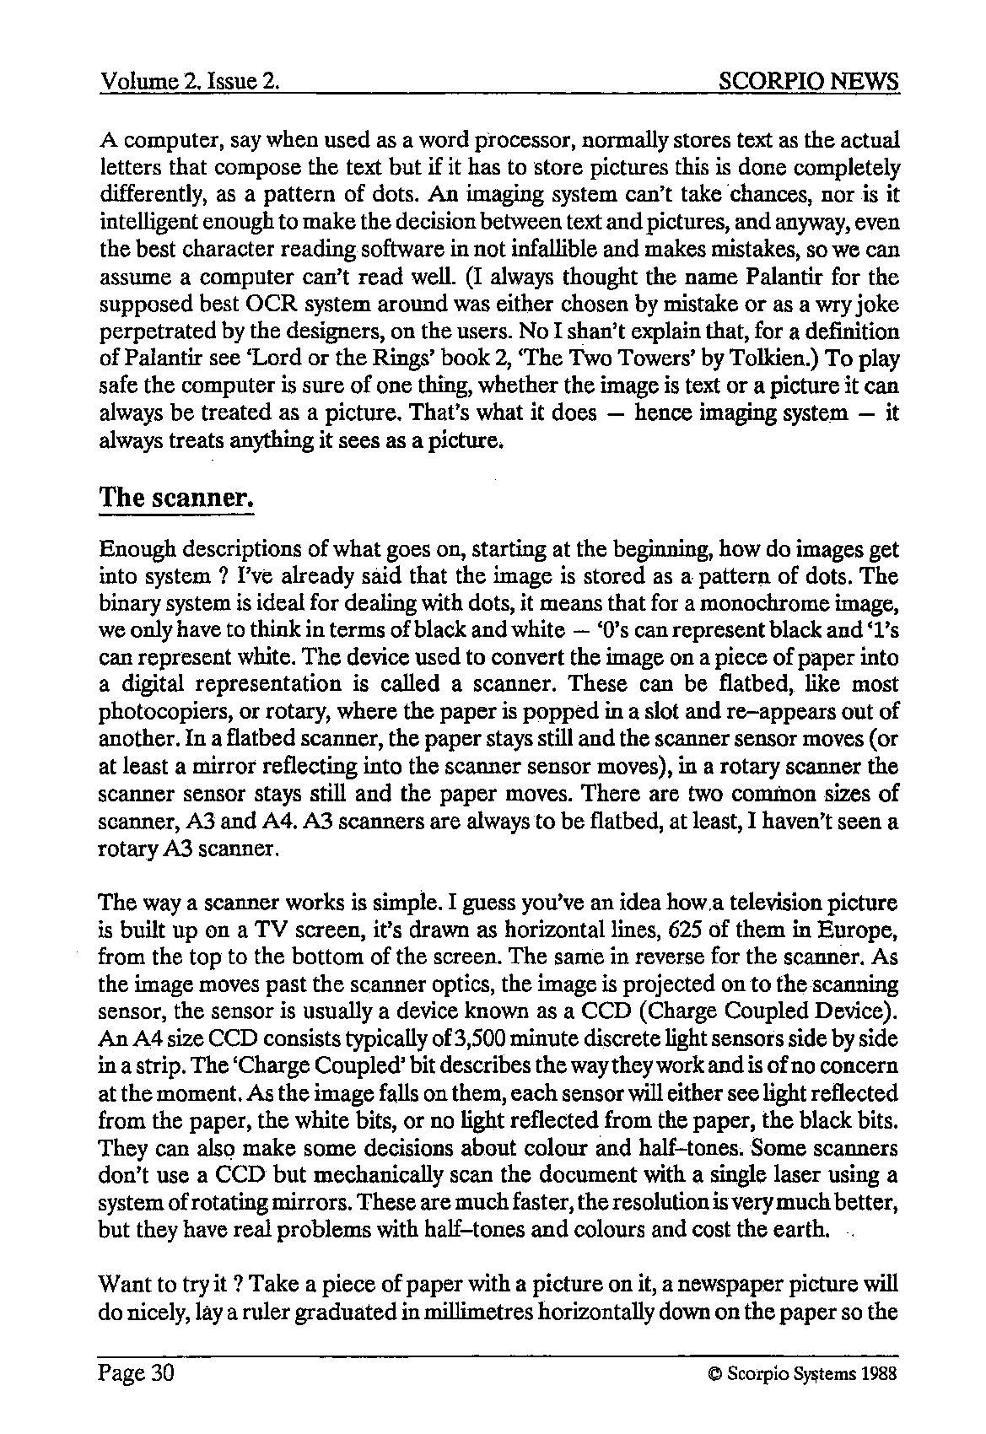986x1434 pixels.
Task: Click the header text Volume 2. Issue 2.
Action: [x=190, y=82]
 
